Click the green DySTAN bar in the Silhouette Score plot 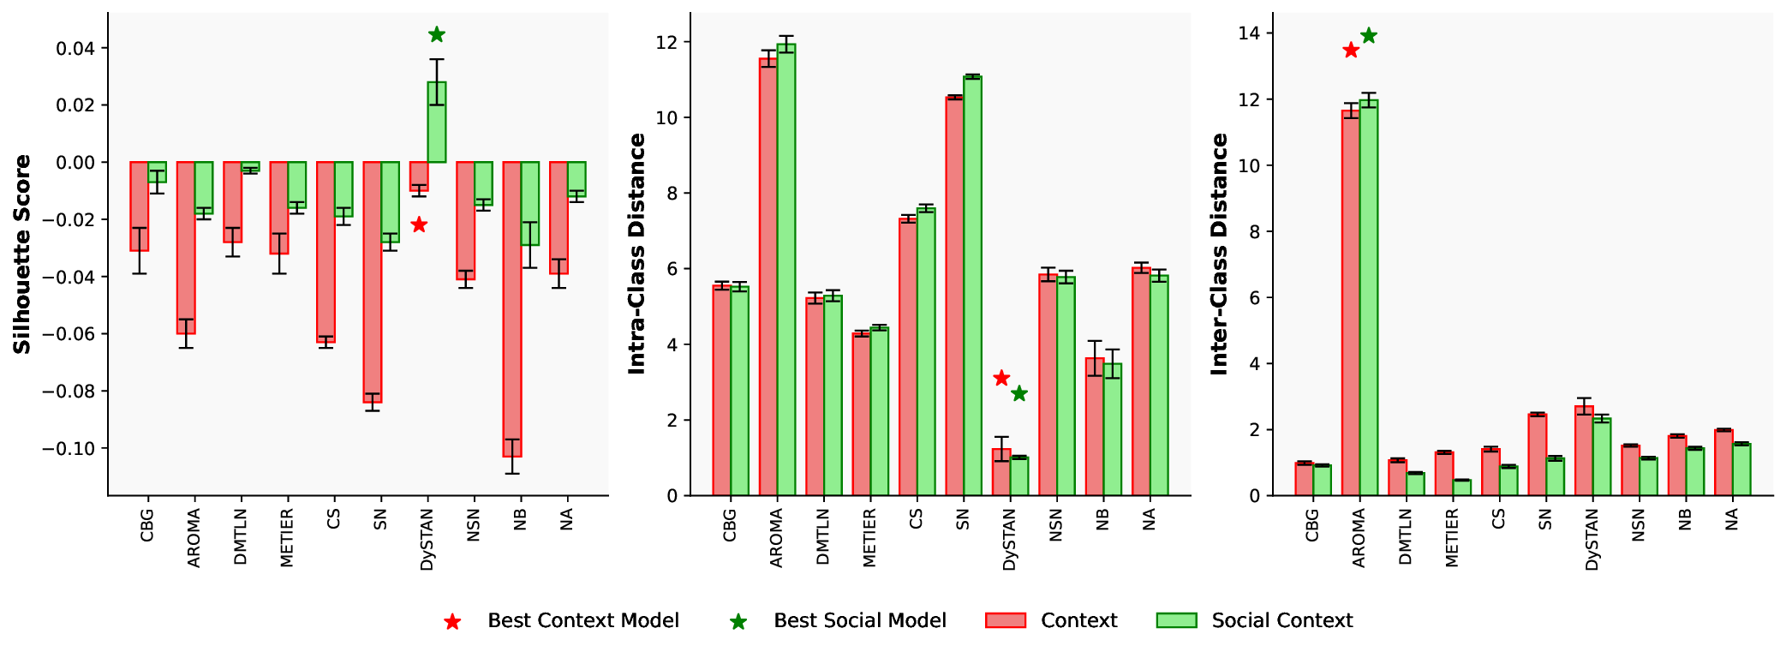click(437, 123)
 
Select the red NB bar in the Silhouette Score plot click(512, 308)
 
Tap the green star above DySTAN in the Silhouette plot click(437, 34)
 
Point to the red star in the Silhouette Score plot click(419, 224)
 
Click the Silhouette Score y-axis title click(22, 254)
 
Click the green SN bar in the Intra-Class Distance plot click(972, 285)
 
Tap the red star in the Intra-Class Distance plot click(1001, 378)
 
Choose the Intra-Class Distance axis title click(636, 254)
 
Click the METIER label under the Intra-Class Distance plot click(869, 537)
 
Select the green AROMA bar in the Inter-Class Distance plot click(1369, 297)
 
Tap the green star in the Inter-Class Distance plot click(1369, 35)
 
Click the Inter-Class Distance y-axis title click(1219, 254)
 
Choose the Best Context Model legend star click(452, 621)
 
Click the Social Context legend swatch click(1176, 620)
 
